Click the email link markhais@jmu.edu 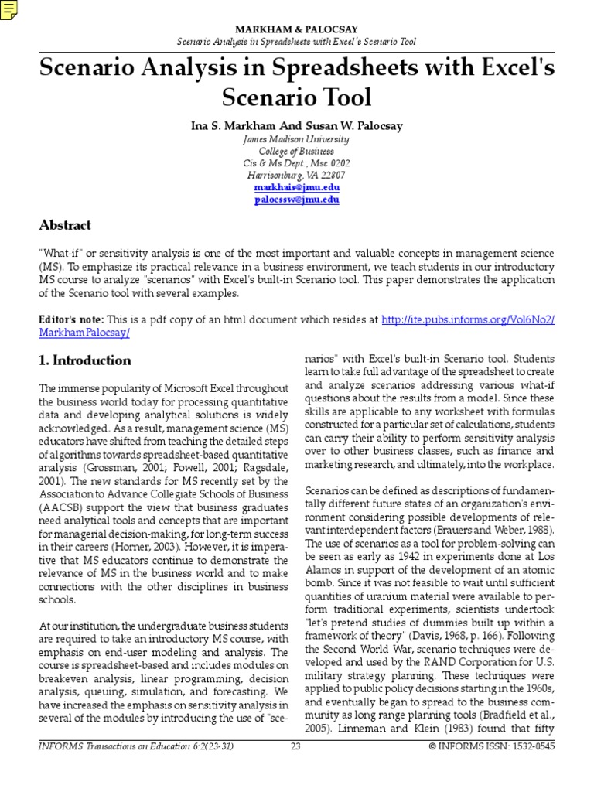(296, 188)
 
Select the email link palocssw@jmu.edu (296, 200)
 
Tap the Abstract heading (65, 225)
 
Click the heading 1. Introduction (85, 360)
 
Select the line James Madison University (296, 139)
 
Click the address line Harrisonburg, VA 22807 (296, 176)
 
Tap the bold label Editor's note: (72, 319)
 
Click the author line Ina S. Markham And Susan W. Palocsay (296, 125)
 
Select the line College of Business (296, 152)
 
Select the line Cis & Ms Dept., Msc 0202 (296, 163)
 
